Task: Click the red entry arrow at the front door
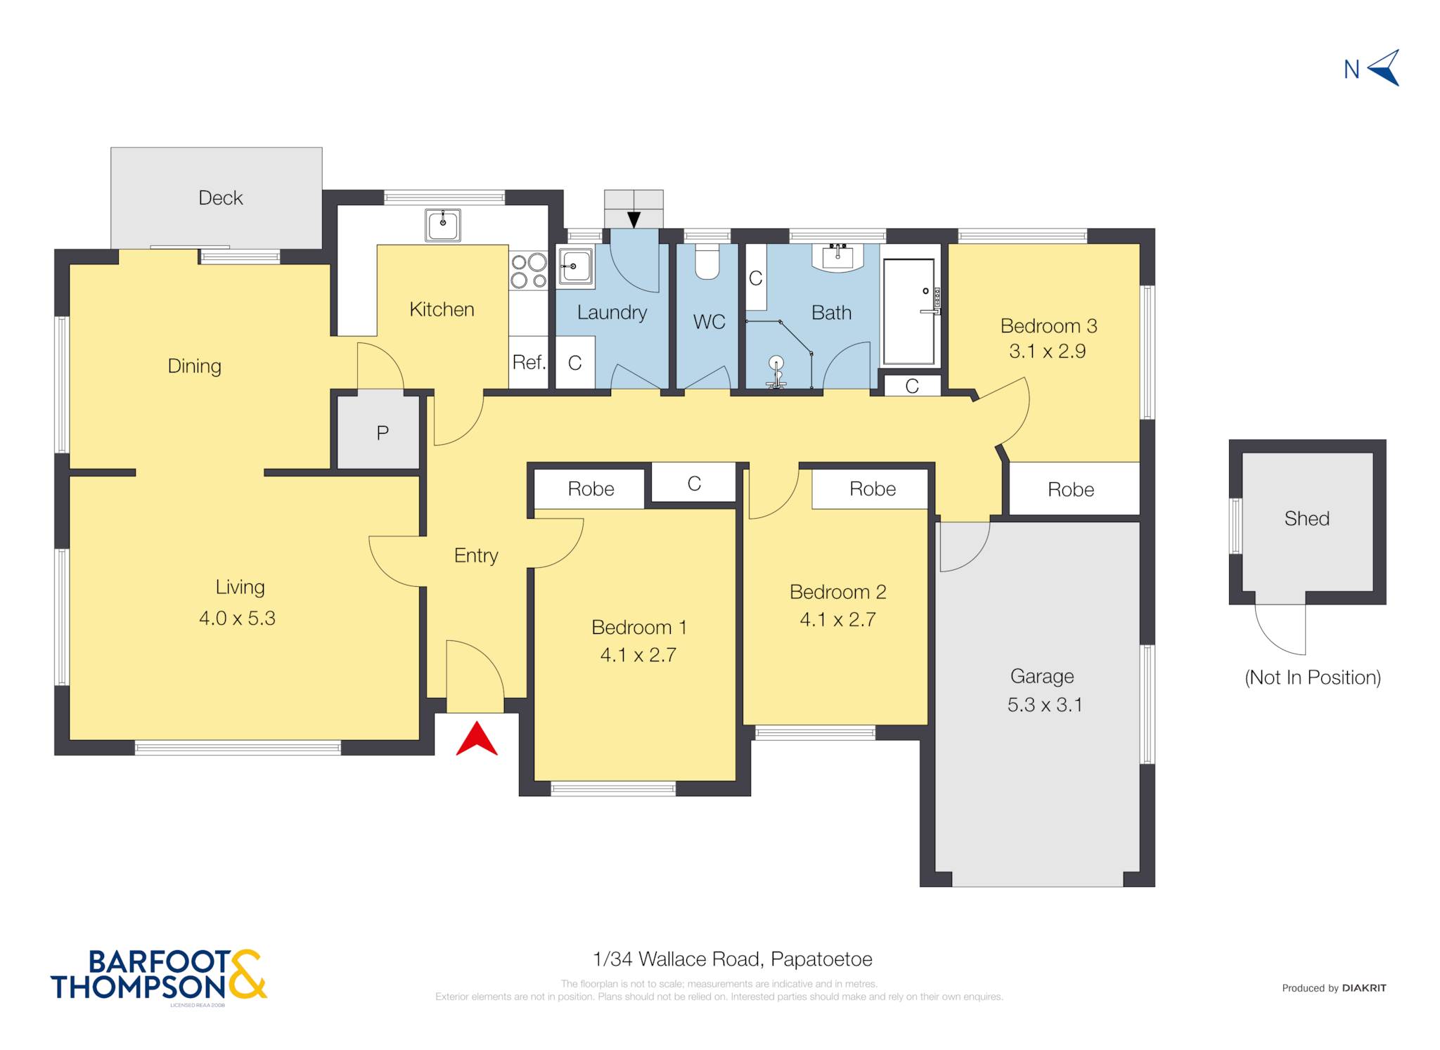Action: coord(477,739)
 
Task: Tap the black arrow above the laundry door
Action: coord(634,220)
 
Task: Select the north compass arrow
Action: coord(1384,68)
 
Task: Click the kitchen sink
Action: coord(443,225)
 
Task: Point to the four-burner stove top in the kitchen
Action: coord(529,271)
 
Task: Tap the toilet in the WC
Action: coord(707,261)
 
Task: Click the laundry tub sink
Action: coord(575,267)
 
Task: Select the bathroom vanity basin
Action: coord(837,257)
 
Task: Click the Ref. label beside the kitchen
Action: coord(529,362)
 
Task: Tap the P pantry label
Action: coord(382,432)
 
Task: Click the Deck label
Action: coord(221,197)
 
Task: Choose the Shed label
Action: coord(1307,519)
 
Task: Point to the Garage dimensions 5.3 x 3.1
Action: coord(1045,704)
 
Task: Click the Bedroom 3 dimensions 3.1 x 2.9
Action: coord(1048,351)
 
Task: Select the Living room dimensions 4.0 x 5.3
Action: coord(237,618)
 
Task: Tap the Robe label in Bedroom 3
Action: coord(1071,489)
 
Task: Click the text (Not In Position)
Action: coord(1313,678)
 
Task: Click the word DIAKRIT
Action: coord(1364,987)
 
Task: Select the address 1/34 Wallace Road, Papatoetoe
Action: coord(733,959)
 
